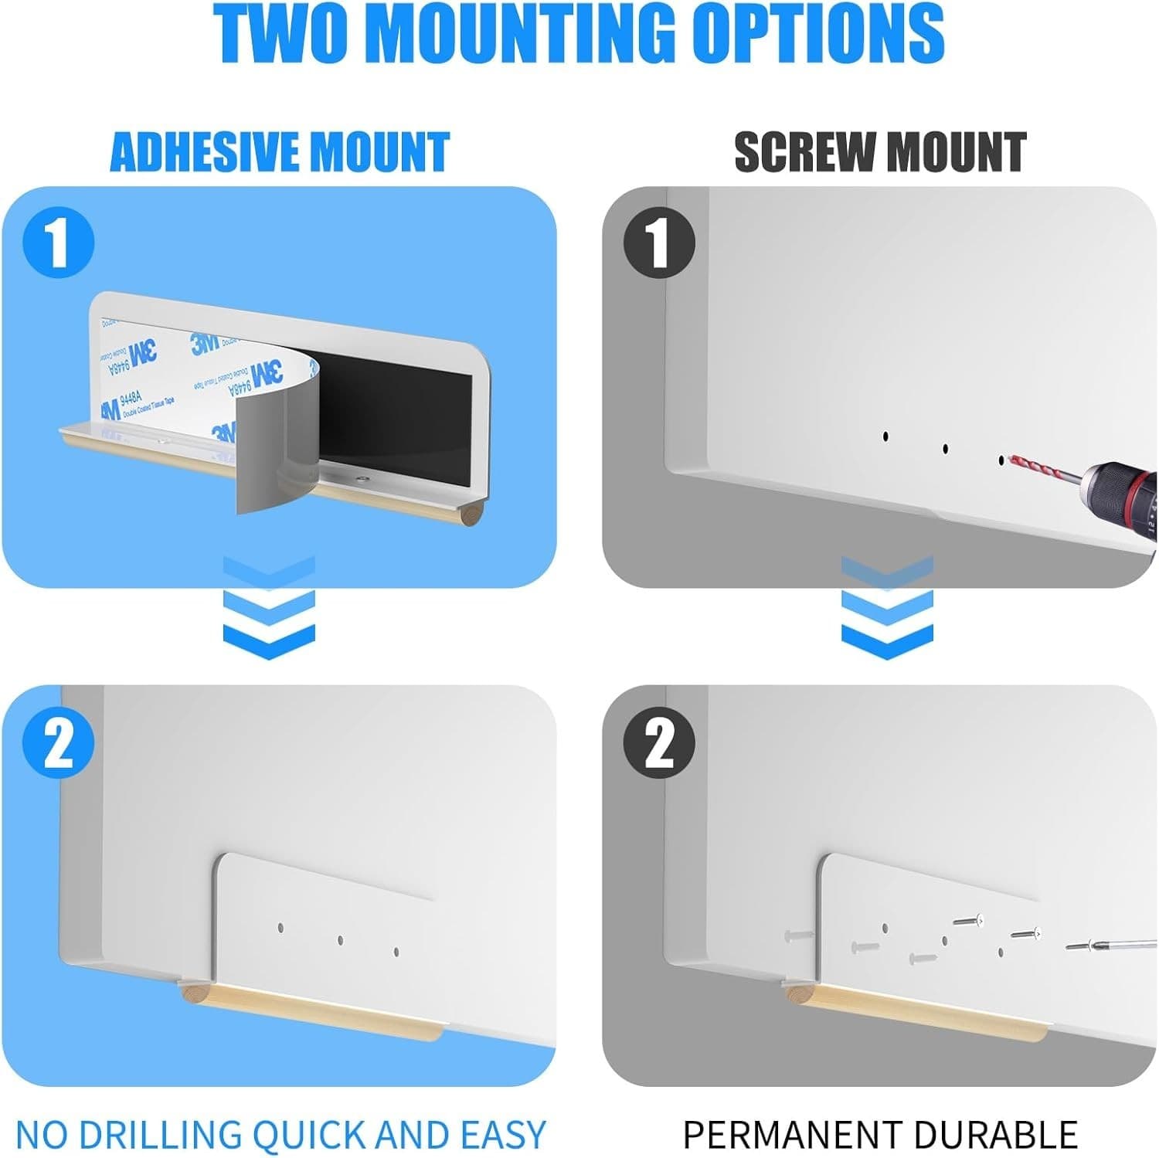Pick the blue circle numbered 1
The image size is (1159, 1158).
(x=59, y=243)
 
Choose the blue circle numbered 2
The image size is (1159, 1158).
(x=59, y=743)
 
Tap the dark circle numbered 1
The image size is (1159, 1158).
(x=659, y=243)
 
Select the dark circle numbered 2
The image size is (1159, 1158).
(x=659, y=743)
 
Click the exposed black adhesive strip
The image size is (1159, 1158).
(x=394, y=417)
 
